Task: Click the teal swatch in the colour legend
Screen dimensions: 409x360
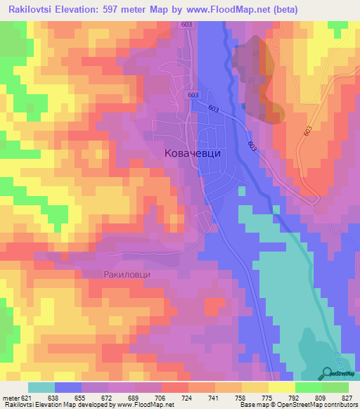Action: (x=41, y=387)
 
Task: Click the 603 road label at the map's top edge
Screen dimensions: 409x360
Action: (x=186, y=25)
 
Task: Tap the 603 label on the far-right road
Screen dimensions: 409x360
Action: (x=307, y=131)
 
